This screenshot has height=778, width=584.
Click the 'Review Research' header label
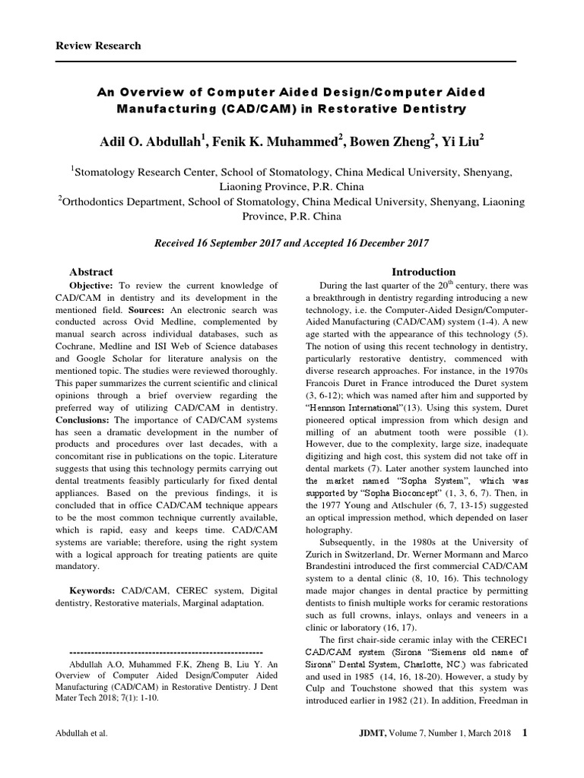click(99, 46)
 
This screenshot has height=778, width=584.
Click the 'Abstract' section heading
click(91, 271)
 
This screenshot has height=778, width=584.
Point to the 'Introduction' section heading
click(424, 271)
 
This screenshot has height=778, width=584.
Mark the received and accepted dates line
click(292, 243)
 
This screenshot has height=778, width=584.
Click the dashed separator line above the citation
click(166, 652)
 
